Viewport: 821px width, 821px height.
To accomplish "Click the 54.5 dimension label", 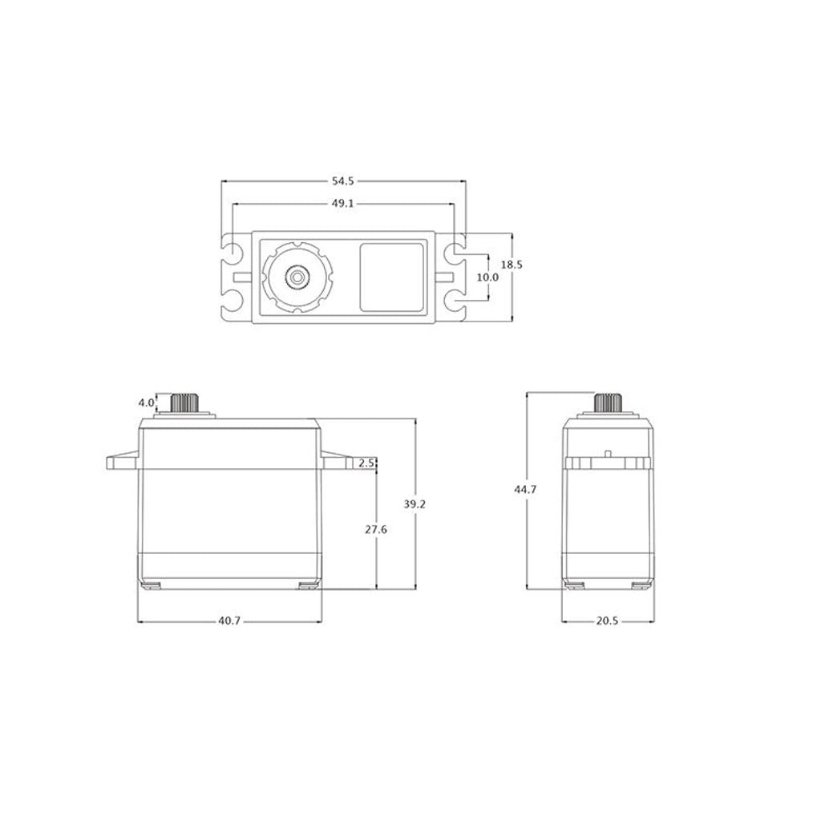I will pos(342,182).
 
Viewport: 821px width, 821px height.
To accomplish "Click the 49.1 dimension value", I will pos(342,204).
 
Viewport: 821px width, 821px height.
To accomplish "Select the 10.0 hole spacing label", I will pos(487,277).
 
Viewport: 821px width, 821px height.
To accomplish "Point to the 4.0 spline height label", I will pos(145,402).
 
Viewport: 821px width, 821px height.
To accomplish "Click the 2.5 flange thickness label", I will pos(368,463).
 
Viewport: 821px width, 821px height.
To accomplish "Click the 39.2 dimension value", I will pos(415,504).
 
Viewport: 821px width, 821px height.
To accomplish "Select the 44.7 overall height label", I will pos(526,489).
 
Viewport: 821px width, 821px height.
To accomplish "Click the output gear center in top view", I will pos(297,277).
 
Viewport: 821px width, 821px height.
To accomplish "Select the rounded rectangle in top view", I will pos(390,277).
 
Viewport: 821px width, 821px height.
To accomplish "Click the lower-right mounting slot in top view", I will pos(455,303).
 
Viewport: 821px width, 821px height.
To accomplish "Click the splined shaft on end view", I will pos(610,402).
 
